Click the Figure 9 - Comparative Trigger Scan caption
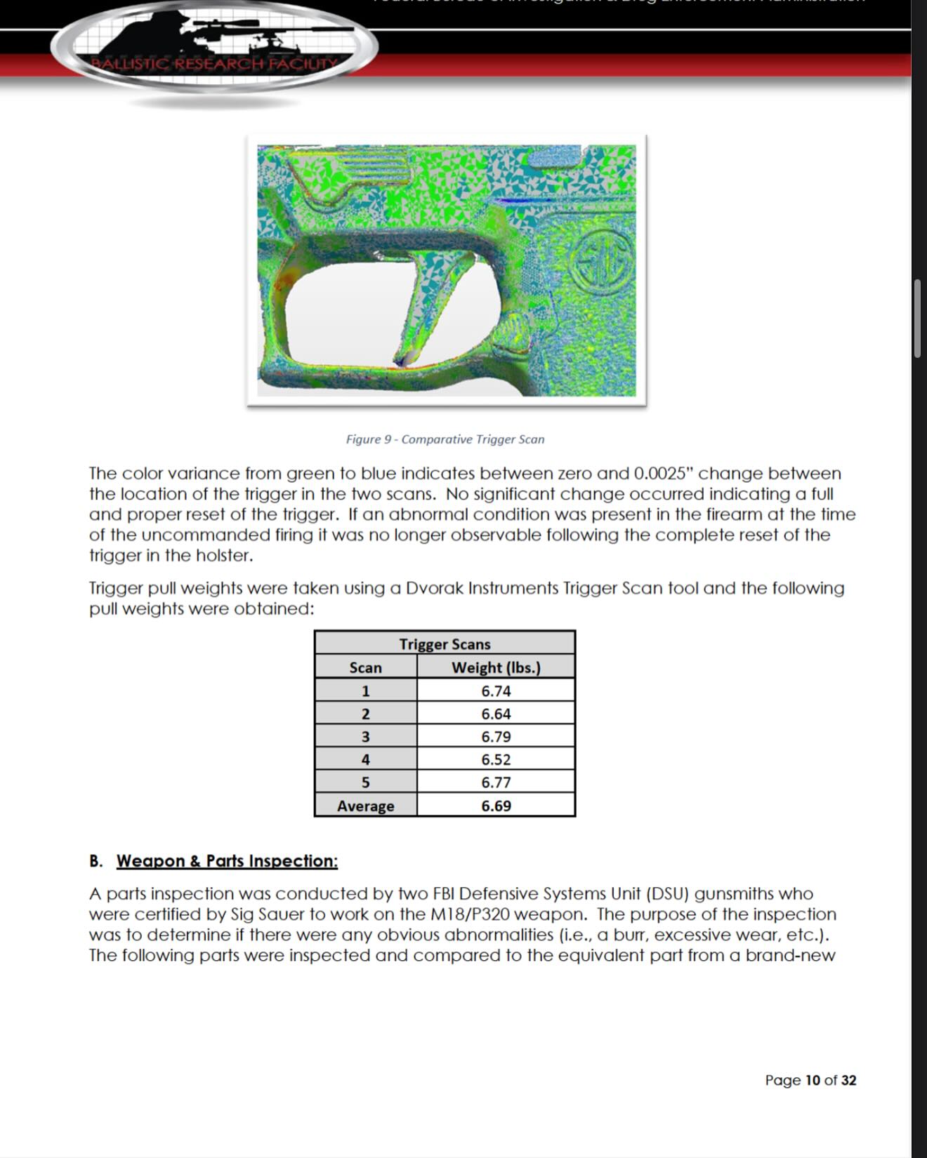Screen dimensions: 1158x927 pos(445,439)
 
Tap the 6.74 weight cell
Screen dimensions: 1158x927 pos(496,691)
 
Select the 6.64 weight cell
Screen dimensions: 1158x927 pos(496,714)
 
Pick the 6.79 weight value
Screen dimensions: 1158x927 pos(496,737)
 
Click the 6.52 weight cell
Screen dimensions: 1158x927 pos(496,759)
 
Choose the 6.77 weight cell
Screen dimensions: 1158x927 pos(496,783)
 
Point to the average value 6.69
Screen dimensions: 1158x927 pos(496,806)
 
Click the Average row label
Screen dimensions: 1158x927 pos(365,806)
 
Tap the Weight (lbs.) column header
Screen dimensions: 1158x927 pos(496,667)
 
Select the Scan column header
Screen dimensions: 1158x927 pos(365,667)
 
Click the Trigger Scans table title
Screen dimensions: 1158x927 pos(445,644)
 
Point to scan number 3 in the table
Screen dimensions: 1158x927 pos(365,737)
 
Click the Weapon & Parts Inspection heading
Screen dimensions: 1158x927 pos(227,861)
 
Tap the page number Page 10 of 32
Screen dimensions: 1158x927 pos(810,1080)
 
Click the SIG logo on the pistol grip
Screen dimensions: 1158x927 pos(601,260)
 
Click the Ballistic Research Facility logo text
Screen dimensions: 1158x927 pos(215,64)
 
